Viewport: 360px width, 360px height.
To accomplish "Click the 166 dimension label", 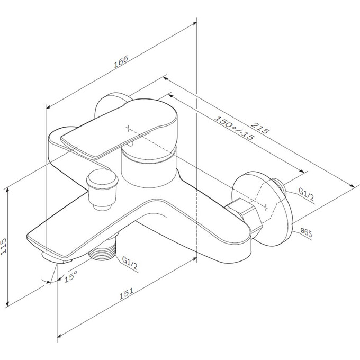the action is click(121, 62).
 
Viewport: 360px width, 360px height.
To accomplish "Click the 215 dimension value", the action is click(260, 128).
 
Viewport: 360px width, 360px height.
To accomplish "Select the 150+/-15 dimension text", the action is click(235, 128).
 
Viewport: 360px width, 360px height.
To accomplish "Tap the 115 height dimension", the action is click(4, 246).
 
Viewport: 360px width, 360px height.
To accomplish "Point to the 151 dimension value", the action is click(127, 293).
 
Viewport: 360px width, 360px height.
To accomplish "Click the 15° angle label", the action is click(71, 276).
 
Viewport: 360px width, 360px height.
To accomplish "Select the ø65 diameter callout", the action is click(307, 232).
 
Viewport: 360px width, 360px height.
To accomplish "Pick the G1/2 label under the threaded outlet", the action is click(130, 263).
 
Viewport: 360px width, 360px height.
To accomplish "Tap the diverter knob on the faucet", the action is click(102, 188).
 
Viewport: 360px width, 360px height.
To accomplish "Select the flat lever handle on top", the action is click(120, 128).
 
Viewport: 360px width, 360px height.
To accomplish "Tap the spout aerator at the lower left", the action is click(56, 258).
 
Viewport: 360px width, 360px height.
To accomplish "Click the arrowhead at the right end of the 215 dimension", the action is click(352, 186).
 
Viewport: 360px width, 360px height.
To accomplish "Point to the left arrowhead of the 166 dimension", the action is click(48, 107).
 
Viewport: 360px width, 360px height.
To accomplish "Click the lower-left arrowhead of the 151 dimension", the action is click(59, 336).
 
